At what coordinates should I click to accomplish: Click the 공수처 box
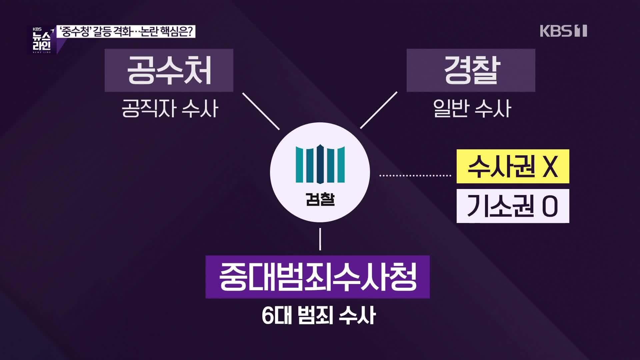point(169,70)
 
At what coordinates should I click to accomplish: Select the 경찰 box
point(471,70)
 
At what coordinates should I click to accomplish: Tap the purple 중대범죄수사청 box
point(317,277)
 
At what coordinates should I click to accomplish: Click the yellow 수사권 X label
point(513,166)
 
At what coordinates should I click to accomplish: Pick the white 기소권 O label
point(513,206)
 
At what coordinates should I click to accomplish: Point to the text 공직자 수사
point(170,109)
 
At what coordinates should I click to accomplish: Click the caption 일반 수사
point(472,109)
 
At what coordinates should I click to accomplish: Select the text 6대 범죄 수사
point(319,315)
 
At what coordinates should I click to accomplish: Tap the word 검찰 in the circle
point(320,200)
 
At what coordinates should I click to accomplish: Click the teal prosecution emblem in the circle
point(320,164)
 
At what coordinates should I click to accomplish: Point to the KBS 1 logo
point(563,31)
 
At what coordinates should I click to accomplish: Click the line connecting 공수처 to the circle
point(261,111)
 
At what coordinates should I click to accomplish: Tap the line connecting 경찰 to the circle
point(379,110)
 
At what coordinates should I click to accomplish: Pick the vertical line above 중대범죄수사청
point(320,239)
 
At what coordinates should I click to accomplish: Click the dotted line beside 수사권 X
point(415,175)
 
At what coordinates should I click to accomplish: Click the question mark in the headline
point(191,32)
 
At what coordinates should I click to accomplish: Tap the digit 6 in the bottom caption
point(267,315)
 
